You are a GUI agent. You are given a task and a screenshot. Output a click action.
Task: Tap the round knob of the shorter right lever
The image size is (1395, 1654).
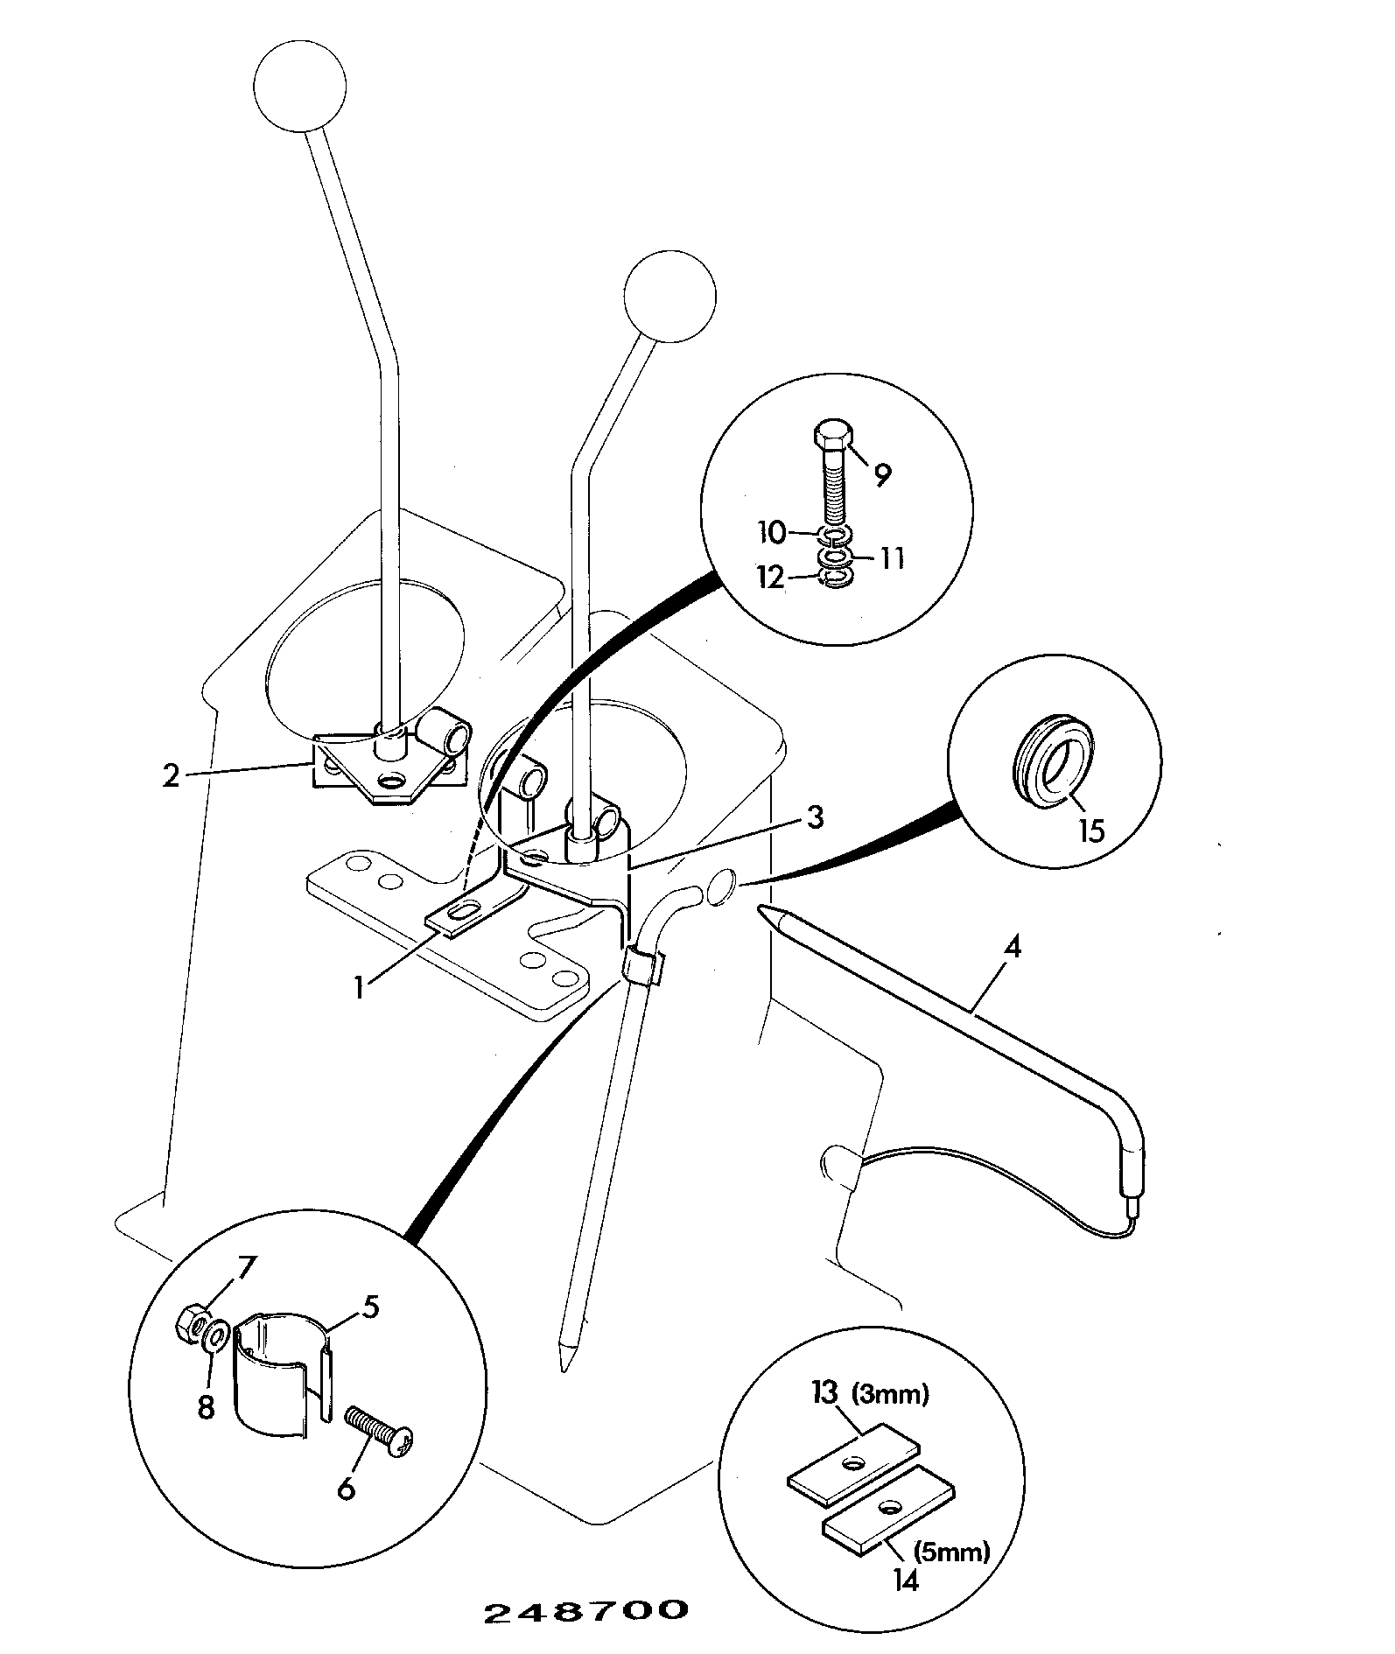669,297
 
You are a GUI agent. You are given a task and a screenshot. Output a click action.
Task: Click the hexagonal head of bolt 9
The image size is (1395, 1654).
831,436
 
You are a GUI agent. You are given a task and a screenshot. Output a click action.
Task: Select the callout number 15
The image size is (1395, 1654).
1091,829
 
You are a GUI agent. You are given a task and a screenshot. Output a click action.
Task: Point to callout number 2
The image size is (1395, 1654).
171,775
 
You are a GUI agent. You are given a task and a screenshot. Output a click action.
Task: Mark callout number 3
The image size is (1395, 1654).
814,817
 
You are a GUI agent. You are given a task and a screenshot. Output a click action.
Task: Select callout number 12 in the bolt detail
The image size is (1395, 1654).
771,578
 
